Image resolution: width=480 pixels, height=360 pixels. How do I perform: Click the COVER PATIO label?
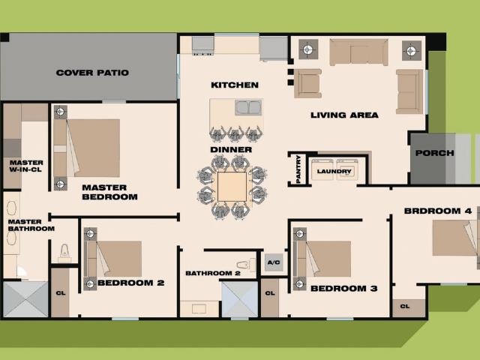pyautogui.click(x=92, y=73)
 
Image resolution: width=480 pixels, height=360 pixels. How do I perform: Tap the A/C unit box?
pyautogui.click(x=274, y=262)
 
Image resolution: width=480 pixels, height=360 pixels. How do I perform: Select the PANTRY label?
pyautogui.click(x=298, y=169)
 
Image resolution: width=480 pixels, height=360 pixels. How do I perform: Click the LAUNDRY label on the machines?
pyautogui.click(x=334, y=171)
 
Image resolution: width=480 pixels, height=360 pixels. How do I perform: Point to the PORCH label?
pyautogui.click(x=434, y=153)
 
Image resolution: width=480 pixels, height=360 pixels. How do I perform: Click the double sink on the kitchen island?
pyautogui.click(x=248, y=108)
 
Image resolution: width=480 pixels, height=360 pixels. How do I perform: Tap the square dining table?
pyautogui.click(x=232, y=187)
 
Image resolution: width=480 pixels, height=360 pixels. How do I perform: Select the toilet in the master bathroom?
pyautogui.click(x=64, y=251)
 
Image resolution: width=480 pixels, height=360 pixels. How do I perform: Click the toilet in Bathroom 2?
pyautogui.click(x=245, y=265)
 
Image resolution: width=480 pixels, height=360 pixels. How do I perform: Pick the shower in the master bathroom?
pyautogui.click(x=25, y=299)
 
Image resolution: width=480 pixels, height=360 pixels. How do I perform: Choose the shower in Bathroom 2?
pyautogui.click(x=240, y=299)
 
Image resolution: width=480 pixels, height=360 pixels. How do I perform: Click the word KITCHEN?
pyautogui.click(x=235, y=85)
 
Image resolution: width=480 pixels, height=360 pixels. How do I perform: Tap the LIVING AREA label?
pyautogui.click(x=344, y=115)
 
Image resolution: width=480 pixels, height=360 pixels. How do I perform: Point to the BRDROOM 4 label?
pyautogui.click(x=438, y=211)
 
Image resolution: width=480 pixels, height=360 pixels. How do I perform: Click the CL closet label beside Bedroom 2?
pyautogui.click(x=61, y=293)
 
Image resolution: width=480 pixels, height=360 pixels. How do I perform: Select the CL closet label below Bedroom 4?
pyautogui.click(x=405, y=306)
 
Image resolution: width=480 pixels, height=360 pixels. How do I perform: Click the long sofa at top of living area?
pyautogui.click(x=358, y=52)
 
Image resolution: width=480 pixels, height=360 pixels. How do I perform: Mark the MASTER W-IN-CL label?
pyautogui.click(x=26, y=166)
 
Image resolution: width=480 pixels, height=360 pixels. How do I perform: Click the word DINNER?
pyautogui.click(x=231, y=150)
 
